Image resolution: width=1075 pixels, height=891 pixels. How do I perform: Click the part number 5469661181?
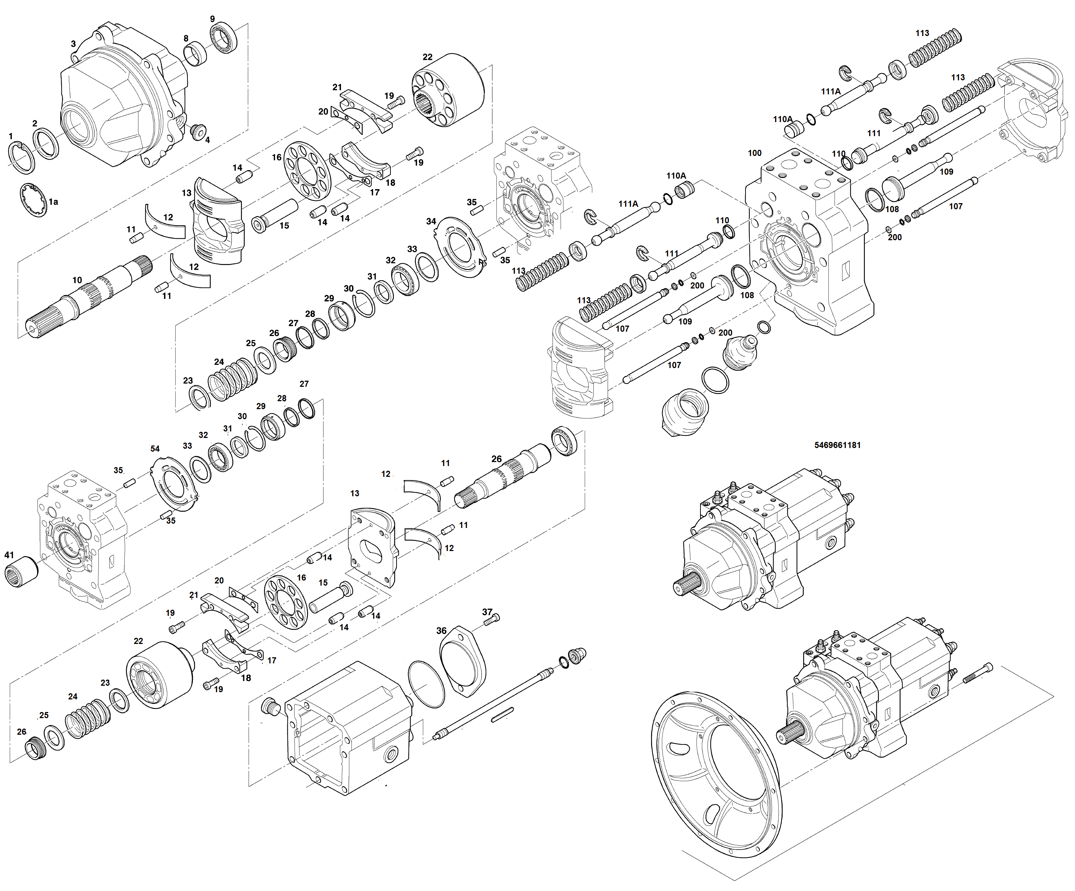(x=837, y=445)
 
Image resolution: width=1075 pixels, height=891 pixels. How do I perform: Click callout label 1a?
(x=53, y=202)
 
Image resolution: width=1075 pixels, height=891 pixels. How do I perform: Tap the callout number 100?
(x=754, y=153)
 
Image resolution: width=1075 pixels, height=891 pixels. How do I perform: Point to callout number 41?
(x=9, y=555)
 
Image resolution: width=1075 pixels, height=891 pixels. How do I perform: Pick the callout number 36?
(x=441, y=631)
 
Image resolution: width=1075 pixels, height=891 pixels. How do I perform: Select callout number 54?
(x=155, y=449)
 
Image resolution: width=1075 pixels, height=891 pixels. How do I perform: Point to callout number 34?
(x=431, y=221)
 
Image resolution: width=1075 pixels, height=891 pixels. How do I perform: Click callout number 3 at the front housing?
(x=73, y=44)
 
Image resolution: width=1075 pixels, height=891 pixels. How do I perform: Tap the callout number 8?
(x=186, y=39)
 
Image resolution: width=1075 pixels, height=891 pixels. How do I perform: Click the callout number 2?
(x=35, y=123)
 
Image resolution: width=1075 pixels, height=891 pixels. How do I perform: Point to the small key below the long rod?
(x=502, y=715)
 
